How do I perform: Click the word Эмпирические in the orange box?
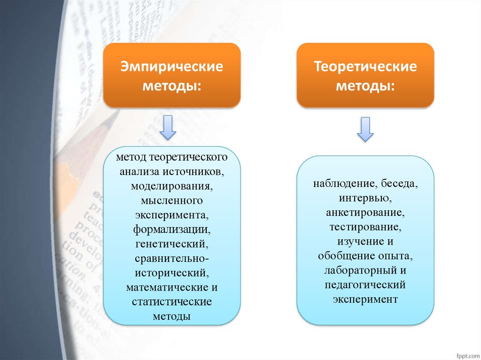(171, 67)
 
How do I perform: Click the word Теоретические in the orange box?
(365, 67)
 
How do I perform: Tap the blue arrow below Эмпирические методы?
(168, 128)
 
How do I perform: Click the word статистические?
(171, 302)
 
